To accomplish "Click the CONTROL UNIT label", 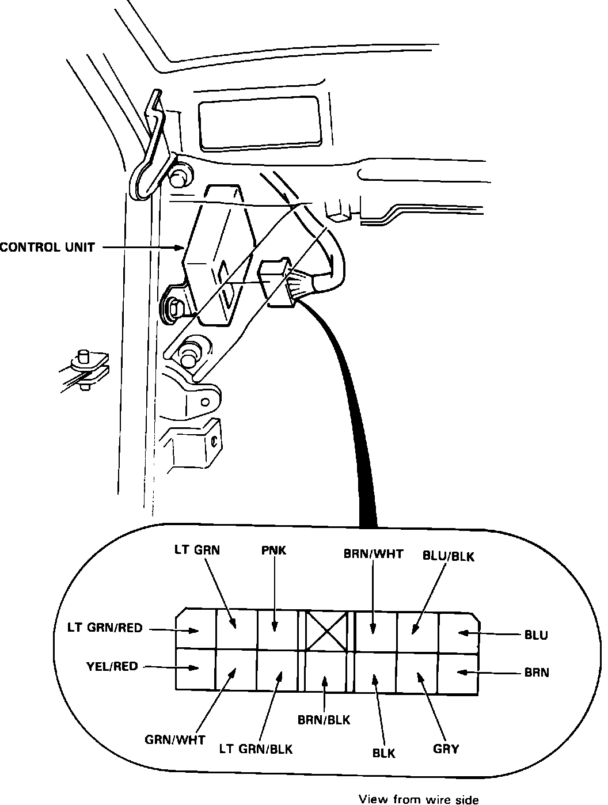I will point(47,248).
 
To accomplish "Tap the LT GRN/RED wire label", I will point(105,628).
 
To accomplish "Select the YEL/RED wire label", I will point(112,666).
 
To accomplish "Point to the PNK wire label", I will point(273,550).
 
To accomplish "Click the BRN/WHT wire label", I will point(373,555).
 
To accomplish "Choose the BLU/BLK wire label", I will point(449,556).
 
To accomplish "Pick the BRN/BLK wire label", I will point(324,719).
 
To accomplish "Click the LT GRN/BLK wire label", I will point(256,749).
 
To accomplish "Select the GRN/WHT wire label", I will point(175,740).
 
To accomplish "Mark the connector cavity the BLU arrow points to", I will point(459,633).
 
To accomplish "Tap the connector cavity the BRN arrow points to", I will point(459,672).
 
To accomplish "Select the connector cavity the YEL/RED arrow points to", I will point(195,669).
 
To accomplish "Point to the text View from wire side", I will point(419,799).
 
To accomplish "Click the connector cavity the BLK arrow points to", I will point(375,672).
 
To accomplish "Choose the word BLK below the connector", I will point(384,753).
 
